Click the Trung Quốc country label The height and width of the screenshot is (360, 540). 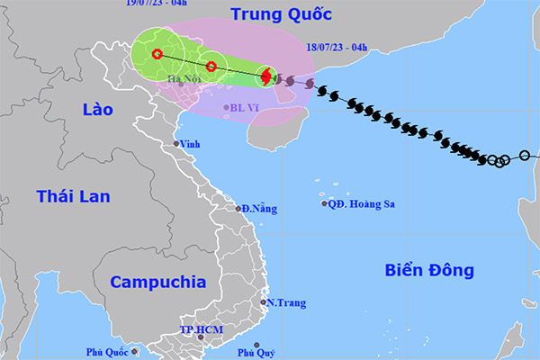280,14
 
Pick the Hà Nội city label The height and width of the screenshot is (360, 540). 184,78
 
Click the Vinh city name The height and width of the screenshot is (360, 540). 189,144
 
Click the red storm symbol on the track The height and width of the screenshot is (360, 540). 265,76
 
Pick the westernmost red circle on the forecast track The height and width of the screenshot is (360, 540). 157,54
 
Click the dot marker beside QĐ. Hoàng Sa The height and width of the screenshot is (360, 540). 325,203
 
